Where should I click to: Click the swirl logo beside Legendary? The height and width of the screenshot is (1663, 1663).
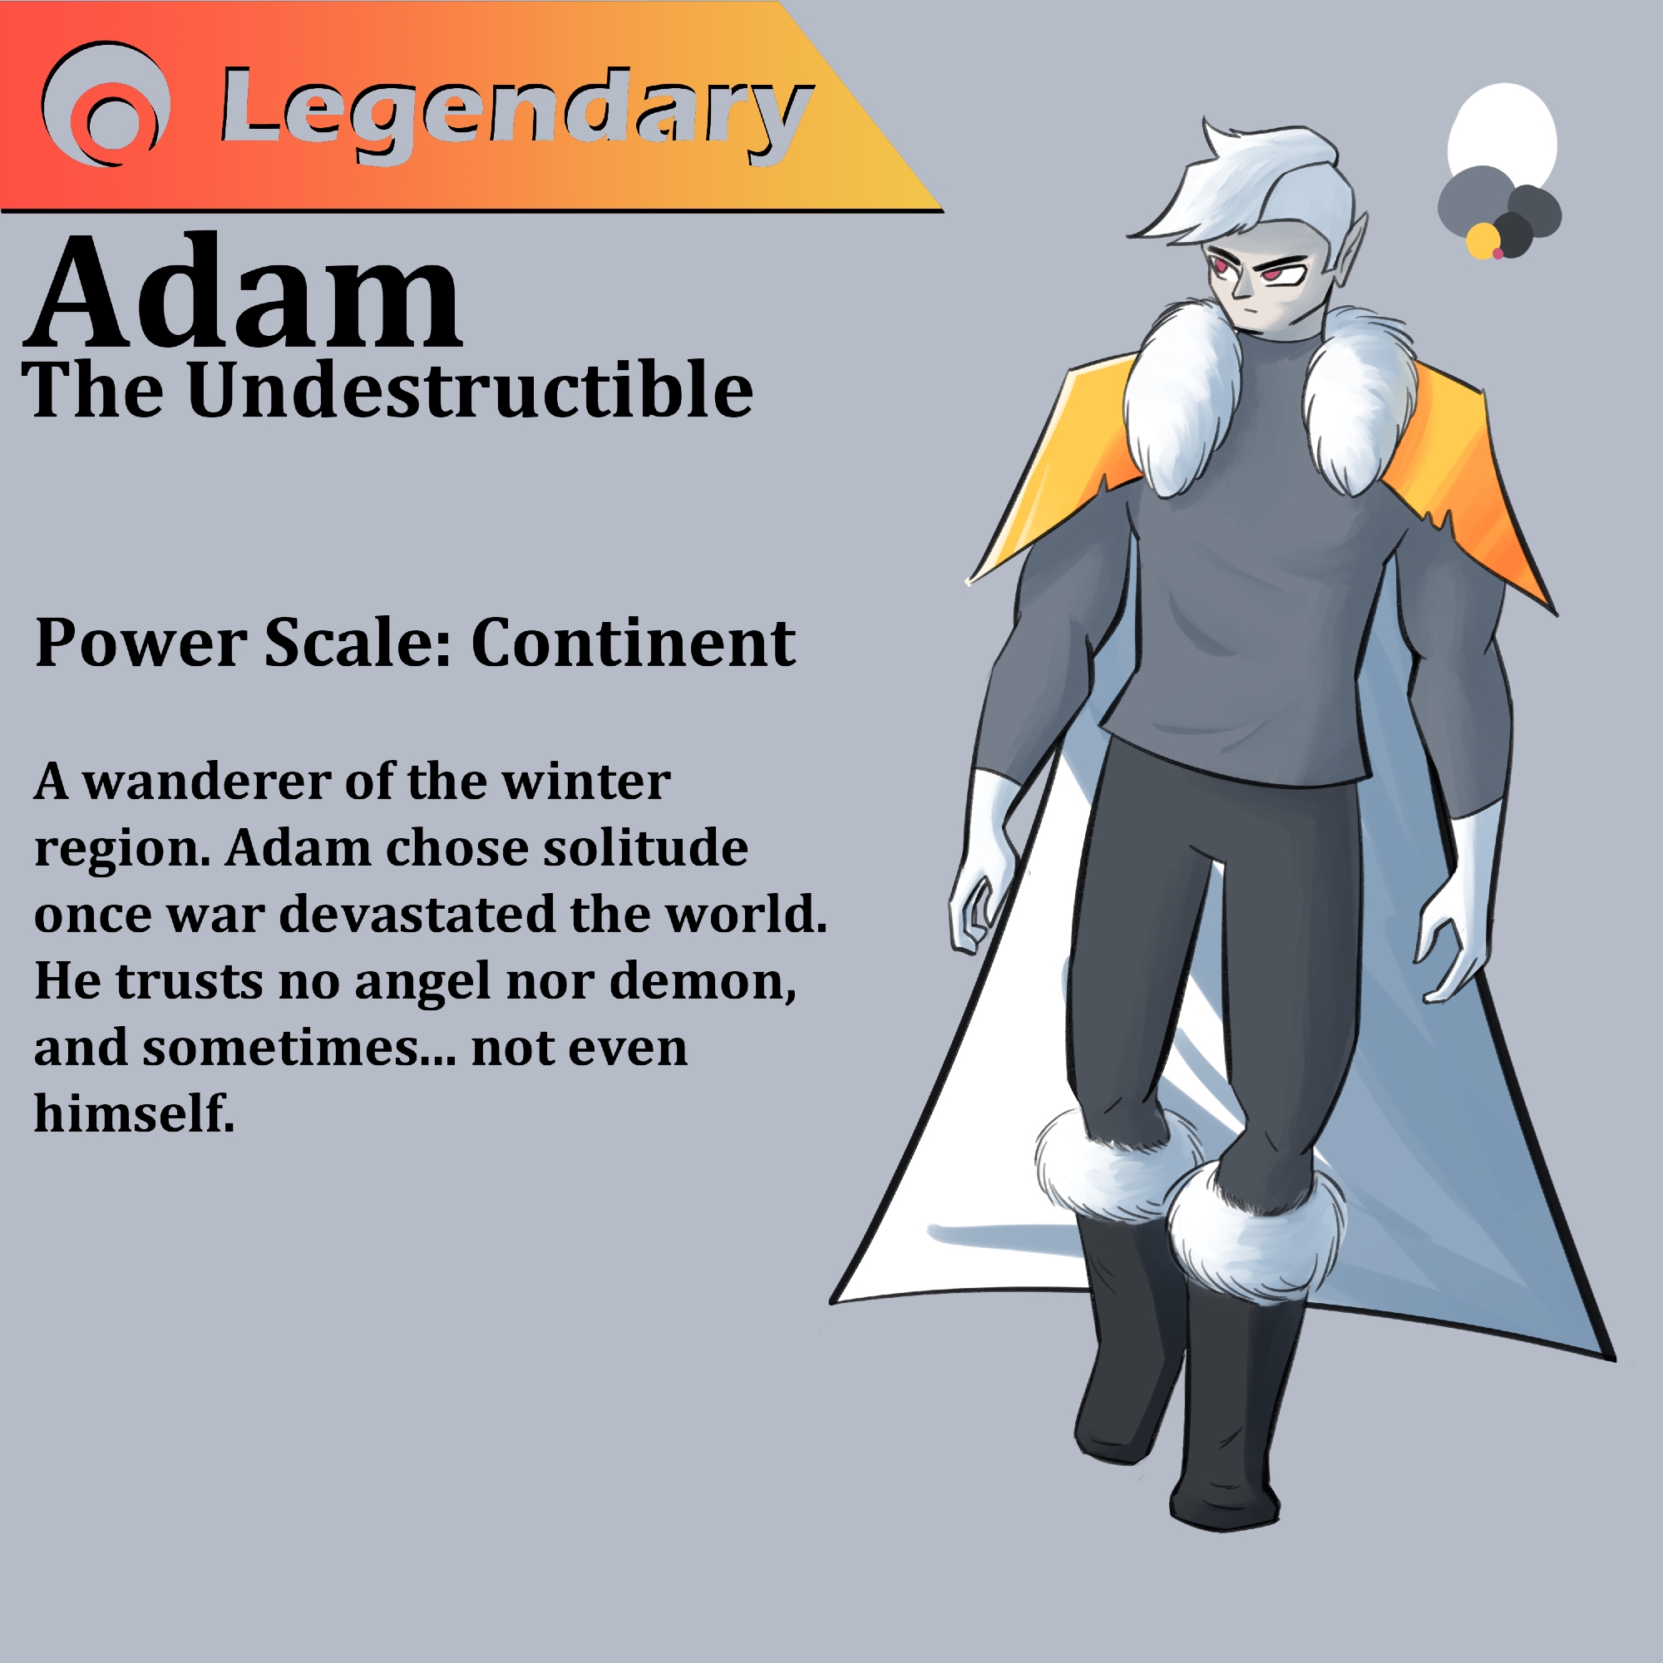pos(105,103)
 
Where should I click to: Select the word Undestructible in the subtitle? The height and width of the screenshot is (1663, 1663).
pos(470,389)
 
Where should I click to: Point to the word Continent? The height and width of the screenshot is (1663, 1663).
pos(633,643)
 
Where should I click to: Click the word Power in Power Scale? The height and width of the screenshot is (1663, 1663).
pos(141,644)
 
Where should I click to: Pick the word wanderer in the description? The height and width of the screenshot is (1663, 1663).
pos(206,782)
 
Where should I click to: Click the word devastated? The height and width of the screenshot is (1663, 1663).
pos(418,914)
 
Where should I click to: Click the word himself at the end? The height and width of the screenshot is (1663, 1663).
pos(134,1114)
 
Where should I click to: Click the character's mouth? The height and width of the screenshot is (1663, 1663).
pos(1250,309)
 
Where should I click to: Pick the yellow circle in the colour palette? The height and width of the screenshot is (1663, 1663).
pos(1483,241)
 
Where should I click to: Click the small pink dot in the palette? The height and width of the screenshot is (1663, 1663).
pos(1498,253)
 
